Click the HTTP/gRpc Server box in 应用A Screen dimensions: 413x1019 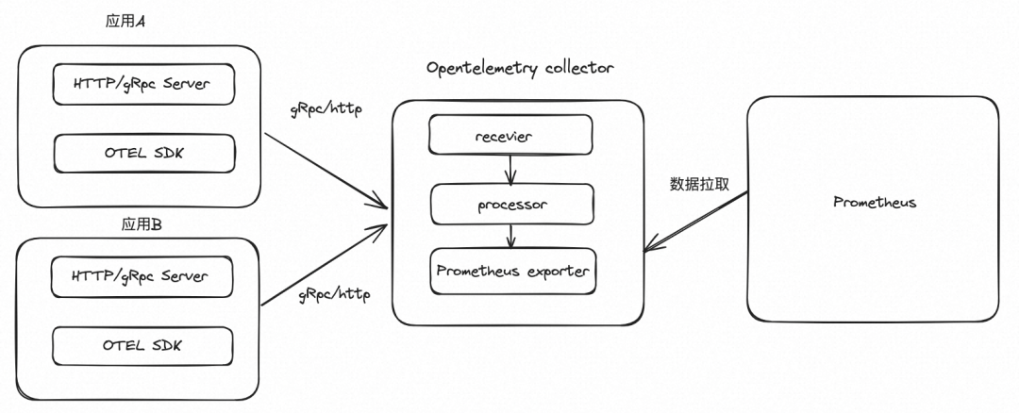click(x=142, y=85)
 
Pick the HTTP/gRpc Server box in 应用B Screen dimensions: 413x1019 click(x=142, y=277)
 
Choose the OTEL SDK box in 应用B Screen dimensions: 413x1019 click(x=142, y=345)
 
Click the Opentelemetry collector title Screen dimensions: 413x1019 click(x=520, y=68)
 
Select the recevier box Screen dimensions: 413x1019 click(x=510, y=136)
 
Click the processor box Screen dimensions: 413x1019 click(x=512, y=203)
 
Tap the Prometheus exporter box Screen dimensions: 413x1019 click(x=512, y=271)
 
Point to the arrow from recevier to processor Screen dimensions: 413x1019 click(x=510, y=169)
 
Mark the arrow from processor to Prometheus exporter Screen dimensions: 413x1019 click(x=510, y=236)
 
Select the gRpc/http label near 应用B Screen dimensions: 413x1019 click(x=334, y=293)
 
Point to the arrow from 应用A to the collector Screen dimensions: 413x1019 click(x=326, y=170)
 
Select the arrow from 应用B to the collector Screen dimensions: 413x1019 click(x=326, y=265)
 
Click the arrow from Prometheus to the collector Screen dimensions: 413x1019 click(x=696, y=222)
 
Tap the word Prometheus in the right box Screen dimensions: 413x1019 click(x=875, y=203)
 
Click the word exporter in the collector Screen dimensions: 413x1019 click(x=556, y=271)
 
